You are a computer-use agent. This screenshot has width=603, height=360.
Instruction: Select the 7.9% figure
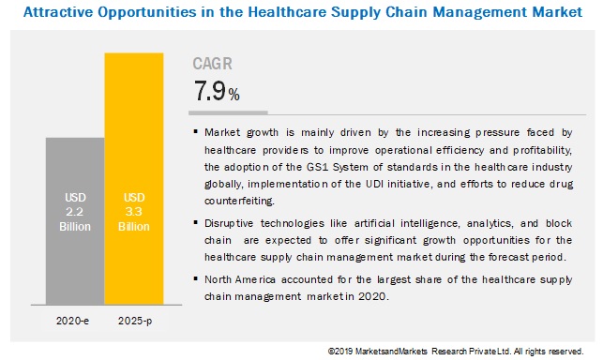click(216, 93)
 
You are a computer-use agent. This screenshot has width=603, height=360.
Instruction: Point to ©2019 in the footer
click(341, 352)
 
